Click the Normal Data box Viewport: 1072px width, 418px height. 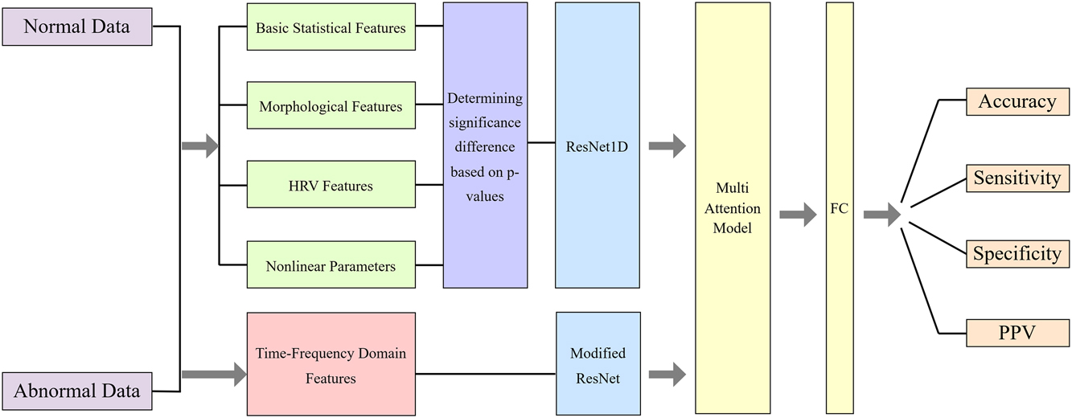(76, 27)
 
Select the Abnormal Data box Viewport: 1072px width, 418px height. (76, 391)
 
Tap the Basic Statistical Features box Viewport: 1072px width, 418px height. (331, 28)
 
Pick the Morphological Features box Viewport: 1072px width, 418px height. (331, 106)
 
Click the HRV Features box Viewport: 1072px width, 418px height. (331, 186)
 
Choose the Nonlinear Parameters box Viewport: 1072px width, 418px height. (331, 265)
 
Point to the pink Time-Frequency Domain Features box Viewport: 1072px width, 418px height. (331, 364)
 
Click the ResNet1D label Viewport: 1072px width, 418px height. (597, 146)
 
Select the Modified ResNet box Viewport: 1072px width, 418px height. (598, 364)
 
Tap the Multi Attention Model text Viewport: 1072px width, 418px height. (733, 208)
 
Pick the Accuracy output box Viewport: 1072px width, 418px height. (1017, 102)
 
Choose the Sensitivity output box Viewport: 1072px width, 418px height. (1017, 178)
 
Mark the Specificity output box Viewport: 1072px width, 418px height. (1017, 253)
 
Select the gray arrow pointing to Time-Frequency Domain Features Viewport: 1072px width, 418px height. (213, 373)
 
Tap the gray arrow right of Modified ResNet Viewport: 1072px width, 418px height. (667, 373)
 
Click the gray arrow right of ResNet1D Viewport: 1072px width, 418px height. (667, 146)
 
